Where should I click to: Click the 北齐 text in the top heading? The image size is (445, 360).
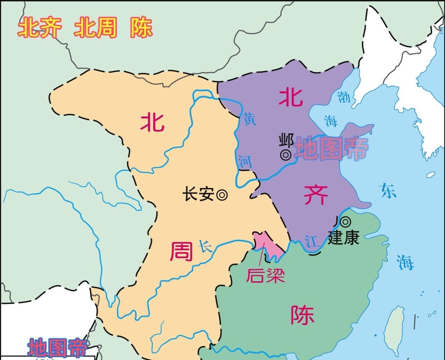coord(40,28)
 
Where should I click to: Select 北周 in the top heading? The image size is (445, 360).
coord(95,28)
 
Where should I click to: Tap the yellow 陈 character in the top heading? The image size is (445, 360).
coord(141,28)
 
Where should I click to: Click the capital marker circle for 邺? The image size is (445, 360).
coord(286,154)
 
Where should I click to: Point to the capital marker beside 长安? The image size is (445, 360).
coord(222,195)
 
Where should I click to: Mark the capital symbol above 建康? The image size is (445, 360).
coord(345,221)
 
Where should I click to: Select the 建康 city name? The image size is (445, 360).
coord(343,238)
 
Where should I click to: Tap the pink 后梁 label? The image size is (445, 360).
coord(265,275)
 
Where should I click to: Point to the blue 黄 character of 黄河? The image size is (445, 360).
coord(250,119)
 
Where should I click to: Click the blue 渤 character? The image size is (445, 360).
coord(343,97)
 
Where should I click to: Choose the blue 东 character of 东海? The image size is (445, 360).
coord(389,191)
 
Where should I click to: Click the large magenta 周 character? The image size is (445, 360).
coord(181,252)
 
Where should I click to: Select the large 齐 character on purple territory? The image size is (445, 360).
coord(316,195)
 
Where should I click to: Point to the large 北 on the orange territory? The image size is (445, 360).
coord(153,122)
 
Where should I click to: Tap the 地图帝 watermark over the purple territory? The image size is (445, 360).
coord(331,149)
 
